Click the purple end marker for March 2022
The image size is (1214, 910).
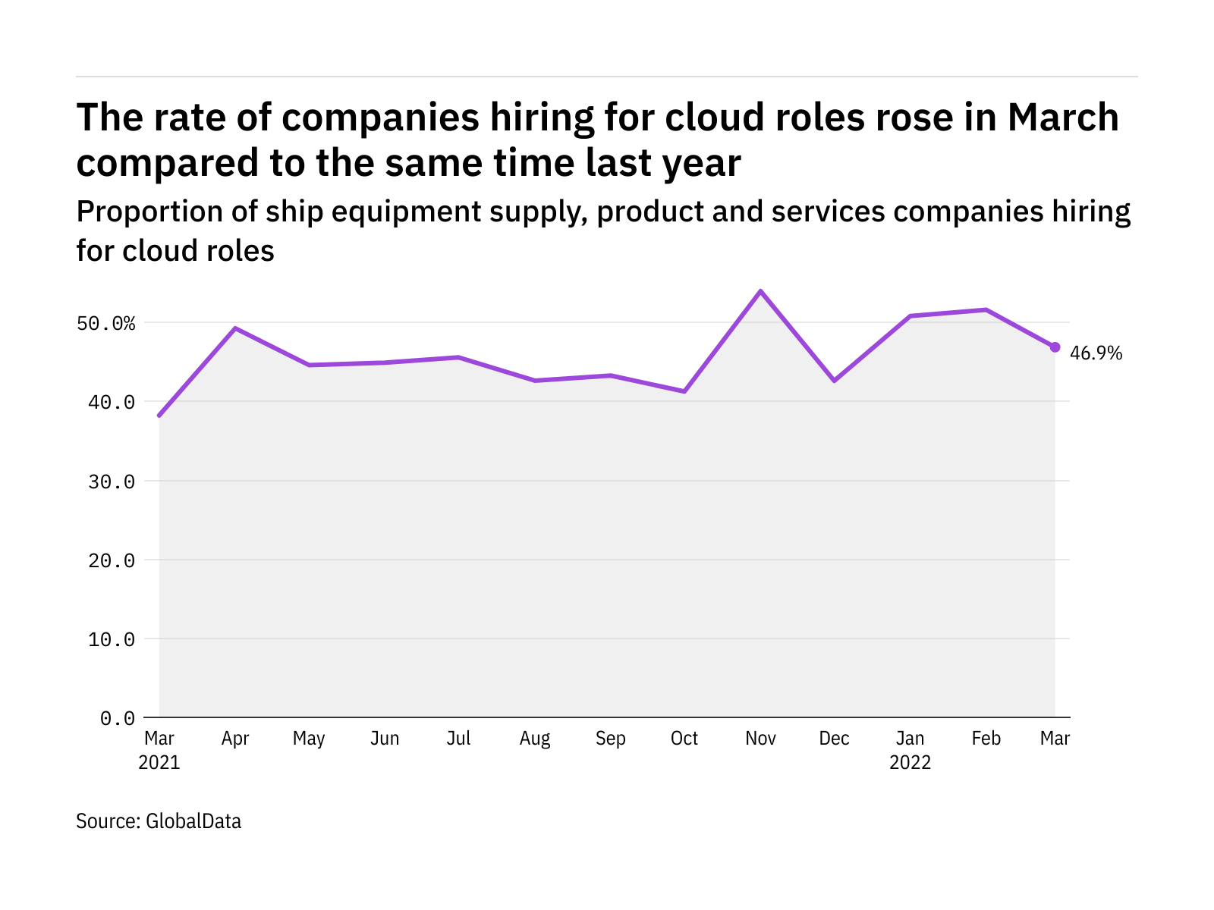[x=1055, y=347]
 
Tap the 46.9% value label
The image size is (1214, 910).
[x=1096, y=353]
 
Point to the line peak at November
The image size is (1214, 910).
[x=760, y=291]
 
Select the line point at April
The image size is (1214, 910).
[x=235, y=328]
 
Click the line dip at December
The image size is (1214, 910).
[x=835, y=381]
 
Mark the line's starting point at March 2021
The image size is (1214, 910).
[x=159, y=416]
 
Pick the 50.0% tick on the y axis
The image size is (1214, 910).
[x=106, y=324]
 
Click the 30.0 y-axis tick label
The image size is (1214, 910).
[x=112, y=482]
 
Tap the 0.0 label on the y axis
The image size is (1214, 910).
[x=118, y=718]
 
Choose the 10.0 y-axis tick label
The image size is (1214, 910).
[x=112, y=639]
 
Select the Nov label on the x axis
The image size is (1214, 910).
[x=760, y=739]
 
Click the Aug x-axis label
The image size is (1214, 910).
[x=535, y=739]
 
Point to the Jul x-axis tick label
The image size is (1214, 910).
[x=459, y=739]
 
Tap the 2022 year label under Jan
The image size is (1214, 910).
[x=910, y=763]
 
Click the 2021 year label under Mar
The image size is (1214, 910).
[x=159, y=763]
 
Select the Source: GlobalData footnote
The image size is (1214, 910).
[x=159, y=821]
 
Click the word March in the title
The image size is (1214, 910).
[x=1063, y=118]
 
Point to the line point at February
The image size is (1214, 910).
[x=986, y=309]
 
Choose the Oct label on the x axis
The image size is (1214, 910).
[x=684, y=739]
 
